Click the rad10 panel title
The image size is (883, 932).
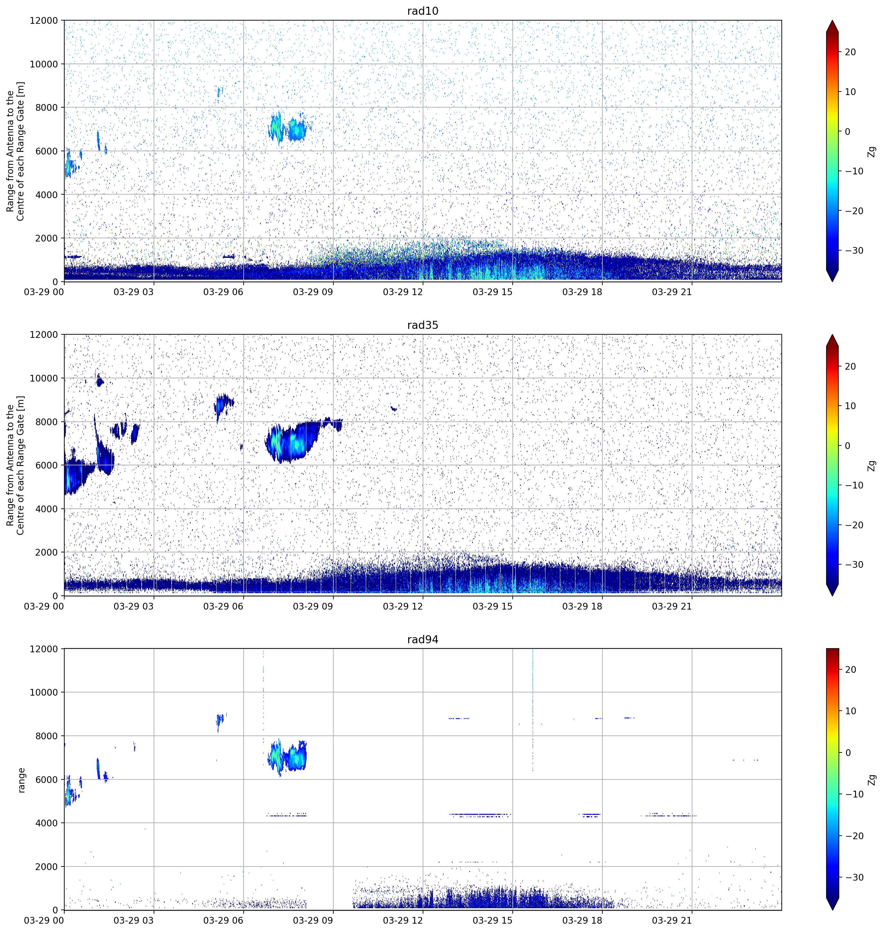tap(423, 11)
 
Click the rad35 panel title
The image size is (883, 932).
tap(423, 325)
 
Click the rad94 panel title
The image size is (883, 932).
tap(423, 639)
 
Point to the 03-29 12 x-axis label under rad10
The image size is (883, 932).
tap(402, 292)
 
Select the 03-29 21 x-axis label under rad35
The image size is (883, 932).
tap(672, 606)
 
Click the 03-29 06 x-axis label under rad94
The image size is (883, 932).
tap(223, 920)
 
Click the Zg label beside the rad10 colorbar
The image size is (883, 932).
tap(872, 151)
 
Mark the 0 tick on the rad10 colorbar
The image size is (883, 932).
tap(847, 132)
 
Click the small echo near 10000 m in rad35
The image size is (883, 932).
tap(99, 381)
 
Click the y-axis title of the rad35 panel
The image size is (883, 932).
tap(15, 466)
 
